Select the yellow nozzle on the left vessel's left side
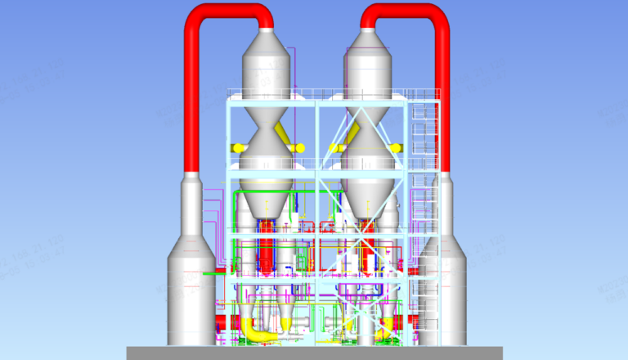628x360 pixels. coord(238,148)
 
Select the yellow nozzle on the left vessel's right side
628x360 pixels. coord(298,148)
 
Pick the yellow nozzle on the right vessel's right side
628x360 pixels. coord(399,148)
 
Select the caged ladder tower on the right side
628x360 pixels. coord(426,205)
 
